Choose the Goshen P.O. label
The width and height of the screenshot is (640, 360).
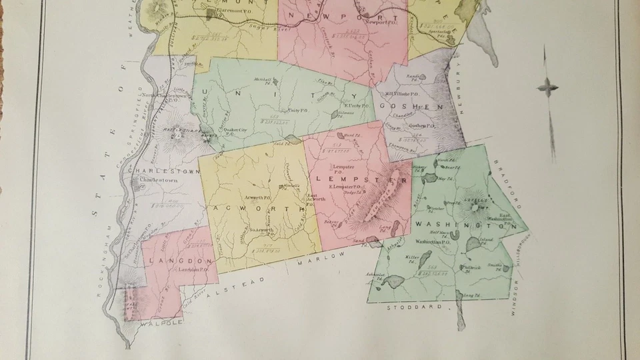(421, 125)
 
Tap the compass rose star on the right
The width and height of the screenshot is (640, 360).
(548, 87)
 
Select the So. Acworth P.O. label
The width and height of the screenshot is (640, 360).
(262, 230)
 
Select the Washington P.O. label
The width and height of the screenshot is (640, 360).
(434, 241)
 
